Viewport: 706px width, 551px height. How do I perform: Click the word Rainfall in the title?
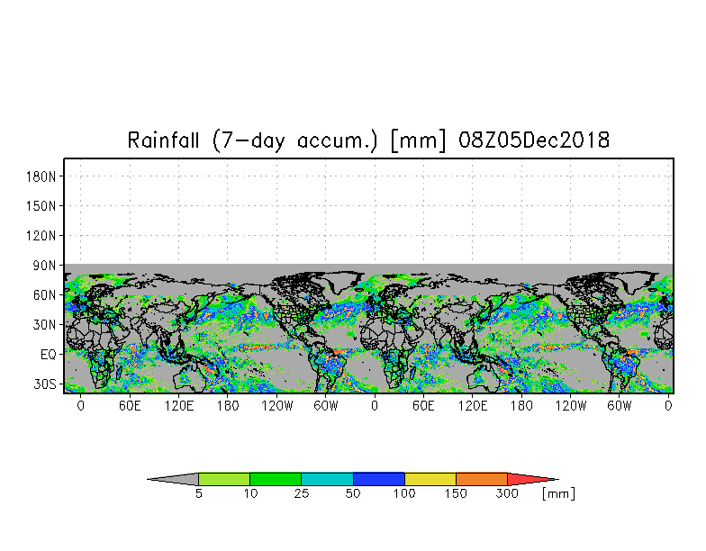tap(163, 140)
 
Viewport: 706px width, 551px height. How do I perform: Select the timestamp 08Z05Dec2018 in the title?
tap(534, 140)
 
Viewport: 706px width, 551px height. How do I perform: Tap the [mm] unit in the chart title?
tap(419, 140)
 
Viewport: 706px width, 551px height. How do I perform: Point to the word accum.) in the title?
tap(337, 140)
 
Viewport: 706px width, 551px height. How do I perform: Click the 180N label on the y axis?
tap(41, 176)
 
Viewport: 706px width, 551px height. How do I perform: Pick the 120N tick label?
tap(41, 236)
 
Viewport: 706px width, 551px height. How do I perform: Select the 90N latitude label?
tap(45, 265)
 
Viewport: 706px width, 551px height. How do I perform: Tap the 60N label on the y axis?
tap(45, 295)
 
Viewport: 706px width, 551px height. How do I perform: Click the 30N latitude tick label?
tap(45, 324)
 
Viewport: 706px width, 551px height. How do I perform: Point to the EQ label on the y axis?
tap(49, 355)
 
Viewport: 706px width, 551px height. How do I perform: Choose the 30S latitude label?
tap(45, 384)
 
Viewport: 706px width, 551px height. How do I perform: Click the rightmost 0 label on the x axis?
tap(668, 406)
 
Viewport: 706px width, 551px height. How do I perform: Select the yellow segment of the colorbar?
tap(430, 479)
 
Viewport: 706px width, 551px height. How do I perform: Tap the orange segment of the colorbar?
tap(481, 479)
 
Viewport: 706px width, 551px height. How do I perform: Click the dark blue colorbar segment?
tap(378, 479)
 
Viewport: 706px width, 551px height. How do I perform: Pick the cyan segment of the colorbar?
tap(327, 479)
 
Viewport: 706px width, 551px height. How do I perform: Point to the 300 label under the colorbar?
tap(507, 493)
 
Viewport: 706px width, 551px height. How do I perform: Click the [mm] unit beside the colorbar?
tap(558, 493)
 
